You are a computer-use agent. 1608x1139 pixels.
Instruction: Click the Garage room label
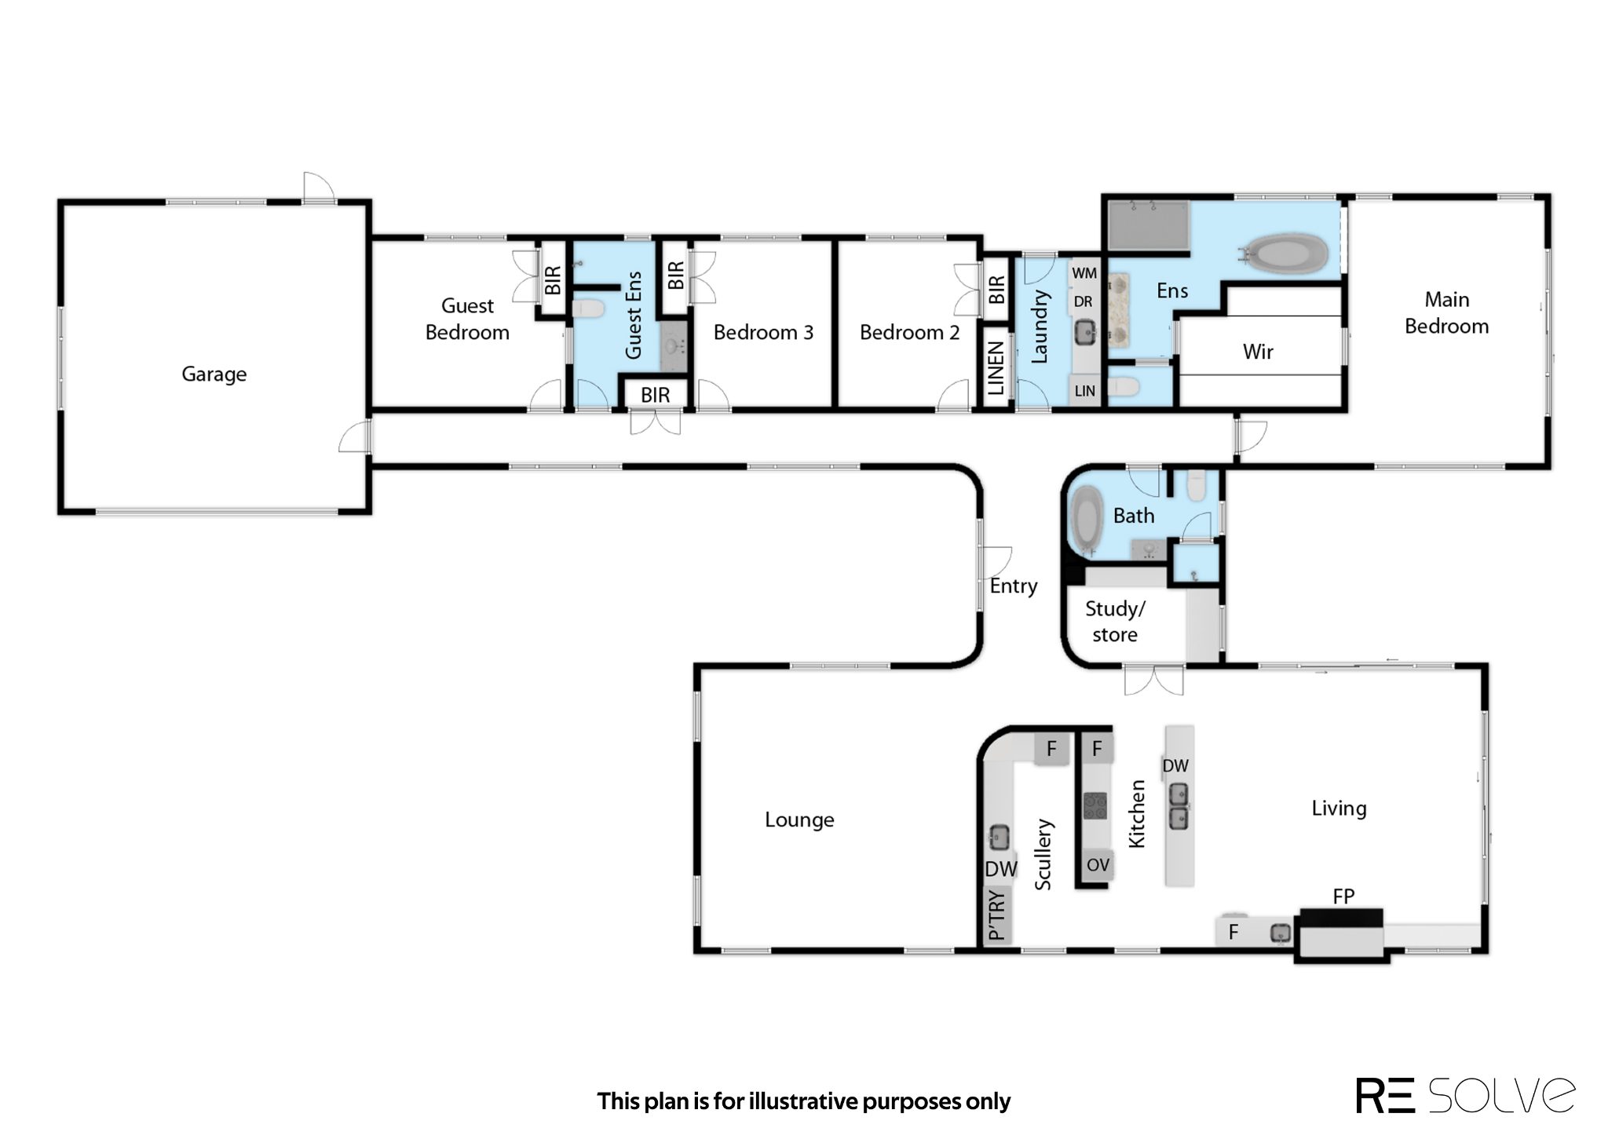coord(214,374)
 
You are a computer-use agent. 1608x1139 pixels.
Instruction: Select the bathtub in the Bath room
coord(1087,520)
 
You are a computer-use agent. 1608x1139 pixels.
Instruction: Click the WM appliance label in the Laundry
coord(1084,273)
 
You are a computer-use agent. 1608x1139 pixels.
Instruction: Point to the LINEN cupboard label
coord(996,368)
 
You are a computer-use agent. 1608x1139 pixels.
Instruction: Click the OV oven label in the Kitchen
coord(1098,865)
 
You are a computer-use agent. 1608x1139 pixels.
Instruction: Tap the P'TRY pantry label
coord(996,914)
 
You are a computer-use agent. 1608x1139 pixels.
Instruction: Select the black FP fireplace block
coord(1341,919)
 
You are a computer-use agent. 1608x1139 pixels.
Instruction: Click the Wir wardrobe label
coord(1258,352)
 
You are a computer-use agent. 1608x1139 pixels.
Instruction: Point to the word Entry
coord(1014,586)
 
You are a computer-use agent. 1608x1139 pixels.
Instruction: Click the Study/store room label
coord(1115,621)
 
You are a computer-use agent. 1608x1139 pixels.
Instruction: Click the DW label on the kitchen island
coord(1175,766)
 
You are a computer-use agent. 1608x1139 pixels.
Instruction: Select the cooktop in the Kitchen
coord(1095,806)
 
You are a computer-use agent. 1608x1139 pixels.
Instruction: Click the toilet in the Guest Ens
coord(588,308)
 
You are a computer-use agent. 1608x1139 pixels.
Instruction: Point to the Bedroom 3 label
coord(763,333)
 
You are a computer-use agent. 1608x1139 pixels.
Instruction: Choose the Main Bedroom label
coord(1446,312)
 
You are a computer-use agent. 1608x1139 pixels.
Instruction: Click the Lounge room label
coord(799,820)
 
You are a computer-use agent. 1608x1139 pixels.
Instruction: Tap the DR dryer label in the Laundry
coord(1083,301)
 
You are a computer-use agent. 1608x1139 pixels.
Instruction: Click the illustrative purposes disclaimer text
coord(803,1101)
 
